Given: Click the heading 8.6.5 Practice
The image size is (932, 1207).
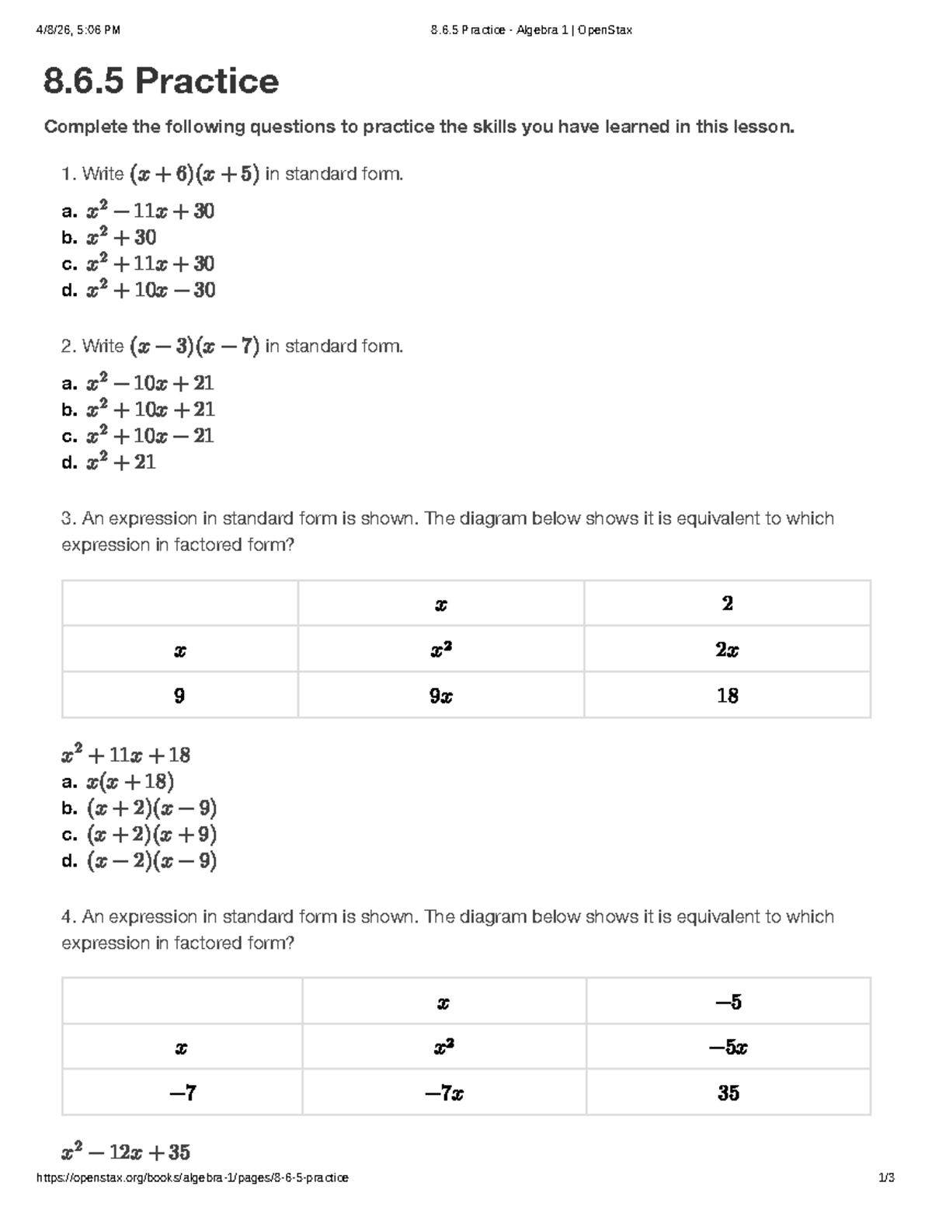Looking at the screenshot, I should (161, 82).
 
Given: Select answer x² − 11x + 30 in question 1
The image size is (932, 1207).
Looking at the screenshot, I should (150, 211).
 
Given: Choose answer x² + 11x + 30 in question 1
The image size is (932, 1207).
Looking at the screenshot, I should (150, 264).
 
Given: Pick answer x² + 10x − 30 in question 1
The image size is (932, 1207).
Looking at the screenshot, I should (150, 291).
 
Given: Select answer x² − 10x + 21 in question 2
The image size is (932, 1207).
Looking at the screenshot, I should (150, 383).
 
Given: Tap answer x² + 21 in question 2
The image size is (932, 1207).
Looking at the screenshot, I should (121, 462).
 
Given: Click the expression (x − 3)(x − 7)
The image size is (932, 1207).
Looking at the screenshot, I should (194, 346).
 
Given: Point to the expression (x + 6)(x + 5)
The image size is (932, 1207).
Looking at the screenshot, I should (194, 174).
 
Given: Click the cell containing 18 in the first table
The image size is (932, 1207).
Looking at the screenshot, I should (727, 696).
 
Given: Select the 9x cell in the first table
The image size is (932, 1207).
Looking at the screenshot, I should (441, 696).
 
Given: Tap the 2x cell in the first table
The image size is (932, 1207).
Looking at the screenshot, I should (727, 650).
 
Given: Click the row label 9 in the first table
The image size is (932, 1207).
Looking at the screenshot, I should (179, 696).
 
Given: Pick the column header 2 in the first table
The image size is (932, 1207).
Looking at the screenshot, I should (727, 604).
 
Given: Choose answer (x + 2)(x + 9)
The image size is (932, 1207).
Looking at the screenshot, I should (151, 835).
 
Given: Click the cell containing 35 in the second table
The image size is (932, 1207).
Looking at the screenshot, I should (729, 1094).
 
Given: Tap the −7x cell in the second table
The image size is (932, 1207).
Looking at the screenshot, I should (444, 1094).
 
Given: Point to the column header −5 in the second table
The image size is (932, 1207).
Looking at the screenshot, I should (729, 1002).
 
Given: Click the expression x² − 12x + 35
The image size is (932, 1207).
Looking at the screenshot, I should (126, 1152).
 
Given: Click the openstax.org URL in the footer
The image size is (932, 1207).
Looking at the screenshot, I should (193, 1177).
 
